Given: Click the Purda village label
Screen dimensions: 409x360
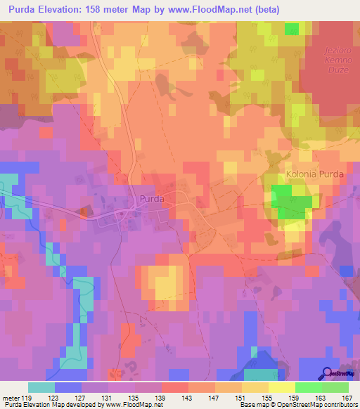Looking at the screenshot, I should (x=152, y=199).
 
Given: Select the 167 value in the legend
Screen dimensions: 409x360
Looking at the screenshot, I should (x=346, y=396).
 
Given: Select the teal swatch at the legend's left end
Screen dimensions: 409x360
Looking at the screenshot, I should (x=41, y=387).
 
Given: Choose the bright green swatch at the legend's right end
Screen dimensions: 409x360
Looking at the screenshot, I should (x=335, y=387).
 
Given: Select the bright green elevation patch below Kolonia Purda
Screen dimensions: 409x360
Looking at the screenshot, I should (x=291, y=206).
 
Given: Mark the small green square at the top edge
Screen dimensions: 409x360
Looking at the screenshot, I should (x=292, y=28).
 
